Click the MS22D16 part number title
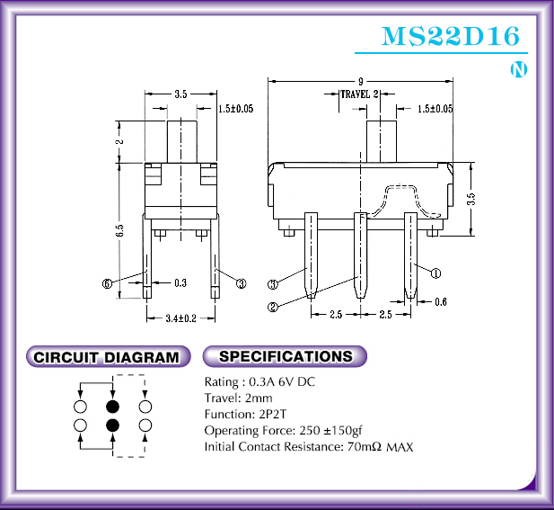tap(451, 36)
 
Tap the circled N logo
tap(519, 69)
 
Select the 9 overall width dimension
tap(360, 81)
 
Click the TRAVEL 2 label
tap(359, 94)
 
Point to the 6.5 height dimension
tap(120, 230)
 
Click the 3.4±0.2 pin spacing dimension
tap(180, 318)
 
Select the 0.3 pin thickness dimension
tap(180, 282)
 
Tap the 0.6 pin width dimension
tap(441, 302)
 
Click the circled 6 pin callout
tap(107, 283)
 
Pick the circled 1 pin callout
tap(436, 273)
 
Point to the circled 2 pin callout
tap(273, 307)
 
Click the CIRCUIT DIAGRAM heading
tap(106, 357)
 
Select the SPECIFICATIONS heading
tap(286, 356)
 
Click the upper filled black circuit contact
tap(113, 407)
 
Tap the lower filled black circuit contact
tap(113, 425)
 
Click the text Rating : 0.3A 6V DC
tap(259, 382)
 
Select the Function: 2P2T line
tap(245, 414)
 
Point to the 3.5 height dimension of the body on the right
tap(471, 199)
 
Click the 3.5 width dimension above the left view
tap(180, 94)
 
